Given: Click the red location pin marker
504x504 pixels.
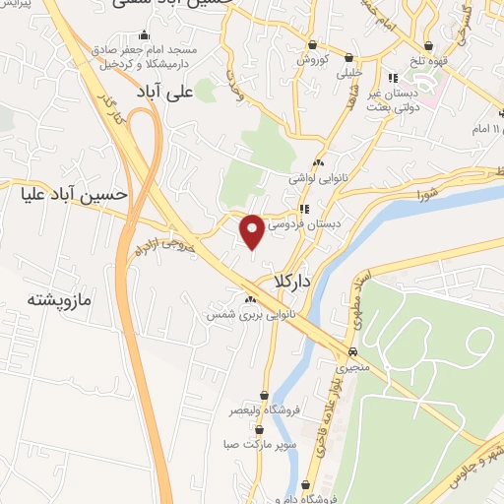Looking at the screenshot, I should [253, 230].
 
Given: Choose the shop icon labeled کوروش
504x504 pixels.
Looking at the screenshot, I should [312, 43].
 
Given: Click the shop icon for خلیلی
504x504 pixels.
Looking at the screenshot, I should [352, 56].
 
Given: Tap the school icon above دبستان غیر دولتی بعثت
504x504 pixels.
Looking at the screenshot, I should [392, 78].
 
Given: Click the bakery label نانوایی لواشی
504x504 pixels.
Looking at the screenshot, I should [313, 179].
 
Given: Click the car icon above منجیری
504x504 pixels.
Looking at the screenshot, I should [352, 351].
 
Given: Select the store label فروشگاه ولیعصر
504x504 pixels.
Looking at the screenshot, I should [264, 409].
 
